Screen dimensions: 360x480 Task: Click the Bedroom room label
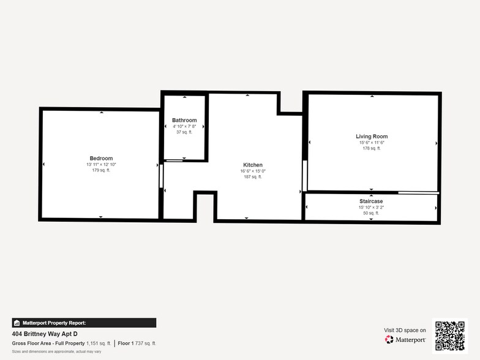101,159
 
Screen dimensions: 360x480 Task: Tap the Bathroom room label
184,120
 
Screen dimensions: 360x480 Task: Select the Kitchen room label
253,165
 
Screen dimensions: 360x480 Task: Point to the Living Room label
372,137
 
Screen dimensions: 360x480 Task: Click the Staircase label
371,201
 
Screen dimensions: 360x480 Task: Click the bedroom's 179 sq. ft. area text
101,170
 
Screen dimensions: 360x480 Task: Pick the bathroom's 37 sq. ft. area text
184,132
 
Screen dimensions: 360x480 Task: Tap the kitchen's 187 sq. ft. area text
253,176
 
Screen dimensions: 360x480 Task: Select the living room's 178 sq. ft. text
372,148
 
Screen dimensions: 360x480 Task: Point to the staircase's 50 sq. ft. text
371,213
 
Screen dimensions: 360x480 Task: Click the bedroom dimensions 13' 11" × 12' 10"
101,165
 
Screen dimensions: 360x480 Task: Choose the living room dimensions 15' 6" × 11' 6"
372,143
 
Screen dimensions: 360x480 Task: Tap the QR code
449,335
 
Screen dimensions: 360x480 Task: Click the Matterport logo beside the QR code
405,339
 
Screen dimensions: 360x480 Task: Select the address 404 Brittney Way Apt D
45,334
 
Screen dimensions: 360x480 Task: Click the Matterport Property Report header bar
84,323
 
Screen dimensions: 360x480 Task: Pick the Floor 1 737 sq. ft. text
137,343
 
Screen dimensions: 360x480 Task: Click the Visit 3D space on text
405,330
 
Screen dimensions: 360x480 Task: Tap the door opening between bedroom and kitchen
162,176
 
